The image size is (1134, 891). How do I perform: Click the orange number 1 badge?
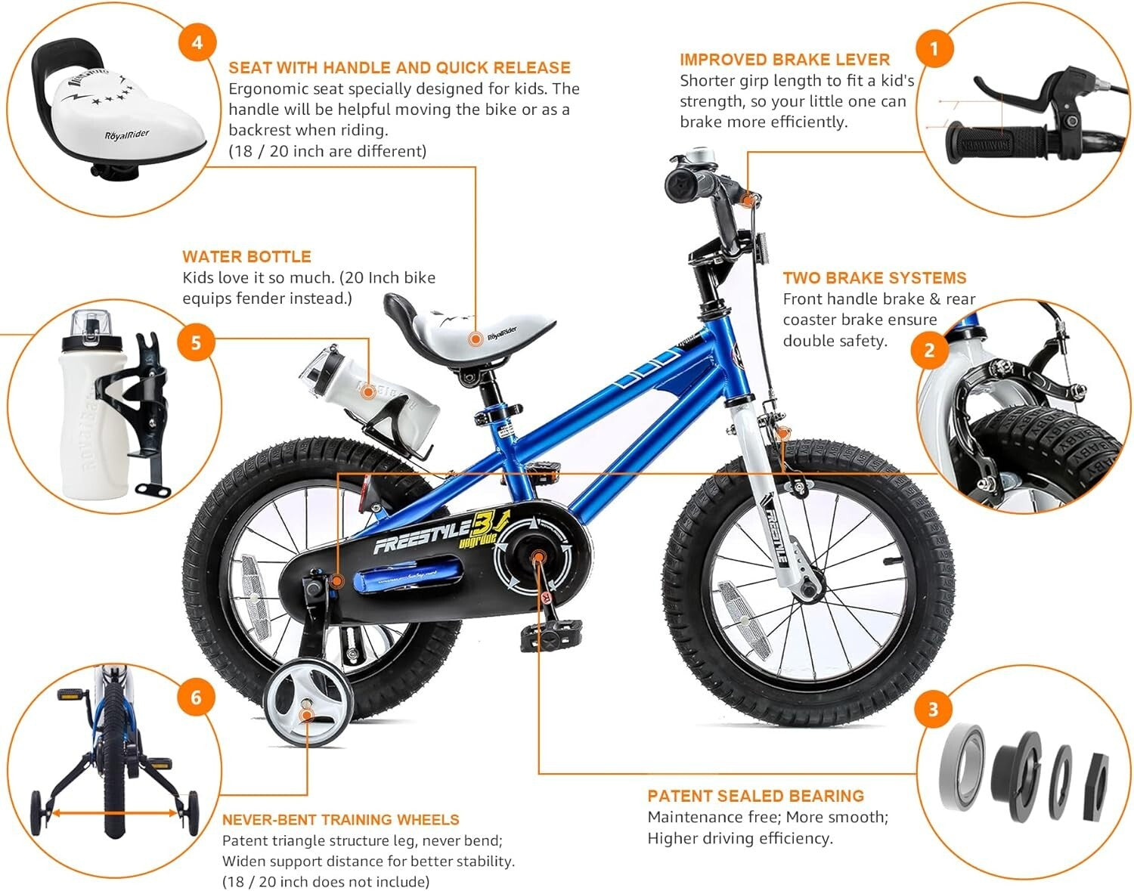[x=934, y=50]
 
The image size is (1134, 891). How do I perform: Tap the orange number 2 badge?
[x=929, y=350]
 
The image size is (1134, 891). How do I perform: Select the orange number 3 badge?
[x=933, y=709]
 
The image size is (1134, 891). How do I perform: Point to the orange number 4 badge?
[x=197, y=42]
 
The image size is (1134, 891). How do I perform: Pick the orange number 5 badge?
[x=196, y=343]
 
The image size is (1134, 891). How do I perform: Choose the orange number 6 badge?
[x=196, y=696]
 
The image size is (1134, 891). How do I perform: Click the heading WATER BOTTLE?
[x=246, y=256]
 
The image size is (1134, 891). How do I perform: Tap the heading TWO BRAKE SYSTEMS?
[x=874, y=277]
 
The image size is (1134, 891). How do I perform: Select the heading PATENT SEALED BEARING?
[x=755, y=796]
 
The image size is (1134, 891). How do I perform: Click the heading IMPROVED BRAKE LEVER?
[x=784, y=60]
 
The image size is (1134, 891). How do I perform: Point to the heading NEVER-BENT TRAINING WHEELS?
[x=340, y=820]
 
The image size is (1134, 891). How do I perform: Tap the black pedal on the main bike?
[x=550, y=635]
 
